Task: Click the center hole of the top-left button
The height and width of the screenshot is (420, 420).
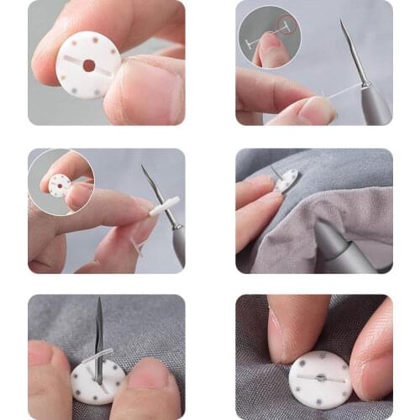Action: point(88,66)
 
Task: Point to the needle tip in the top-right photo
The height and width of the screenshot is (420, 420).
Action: point(342,22)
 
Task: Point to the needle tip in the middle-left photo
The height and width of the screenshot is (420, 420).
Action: point(143,167)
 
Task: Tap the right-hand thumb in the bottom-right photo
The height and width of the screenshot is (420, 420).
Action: point(370,354)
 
